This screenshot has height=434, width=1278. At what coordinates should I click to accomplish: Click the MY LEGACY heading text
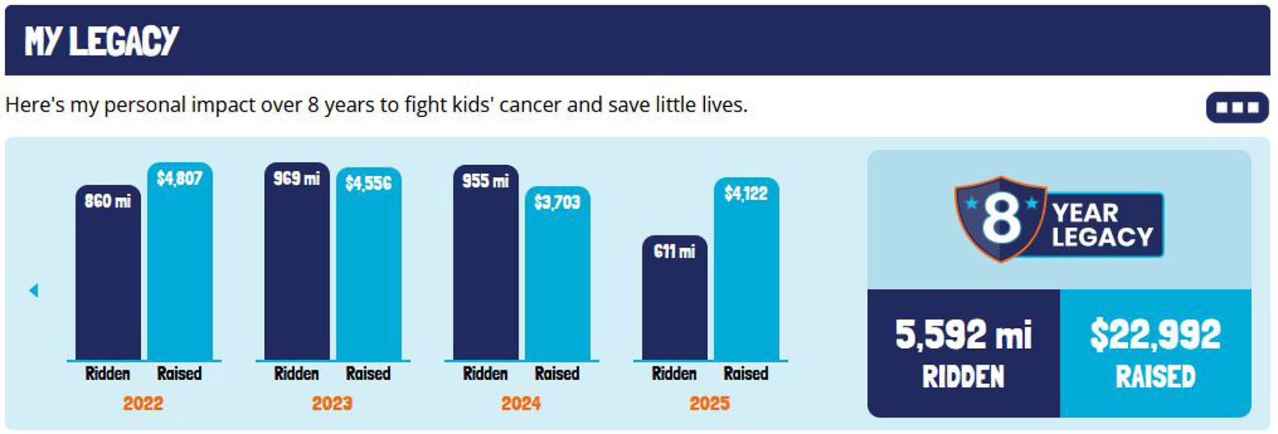[101, 41]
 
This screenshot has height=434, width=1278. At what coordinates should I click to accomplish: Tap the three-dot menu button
[1237, 108]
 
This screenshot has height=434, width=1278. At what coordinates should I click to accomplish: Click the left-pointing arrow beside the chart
[34, 291]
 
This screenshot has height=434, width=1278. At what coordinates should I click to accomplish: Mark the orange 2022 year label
[143, 404]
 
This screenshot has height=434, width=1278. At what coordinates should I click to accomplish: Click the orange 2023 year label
[332, 404]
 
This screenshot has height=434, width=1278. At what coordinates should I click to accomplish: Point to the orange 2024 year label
[521, 404]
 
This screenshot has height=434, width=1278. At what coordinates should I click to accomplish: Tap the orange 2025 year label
[709, 404]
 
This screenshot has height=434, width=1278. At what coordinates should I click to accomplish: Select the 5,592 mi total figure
[963, 336]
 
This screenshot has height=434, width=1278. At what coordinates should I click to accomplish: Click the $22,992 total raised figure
[1155, 336]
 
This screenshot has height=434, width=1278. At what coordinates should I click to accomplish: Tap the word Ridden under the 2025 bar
[674, 374]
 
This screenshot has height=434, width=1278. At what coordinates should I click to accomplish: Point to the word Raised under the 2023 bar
[368, 374]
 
